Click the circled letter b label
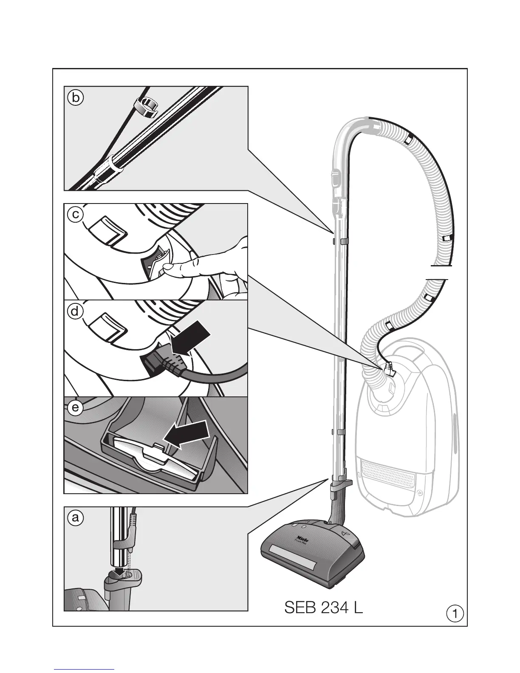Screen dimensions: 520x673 (x=75, y=98)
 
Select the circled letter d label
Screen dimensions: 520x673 (x=75, y=311)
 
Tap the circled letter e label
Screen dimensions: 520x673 (x=75, y=408)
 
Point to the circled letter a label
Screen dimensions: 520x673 (x=75, y=518)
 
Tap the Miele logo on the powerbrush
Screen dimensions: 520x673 (x=302, y=537)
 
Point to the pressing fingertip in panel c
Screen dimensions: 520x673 (x=170, y=268)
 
